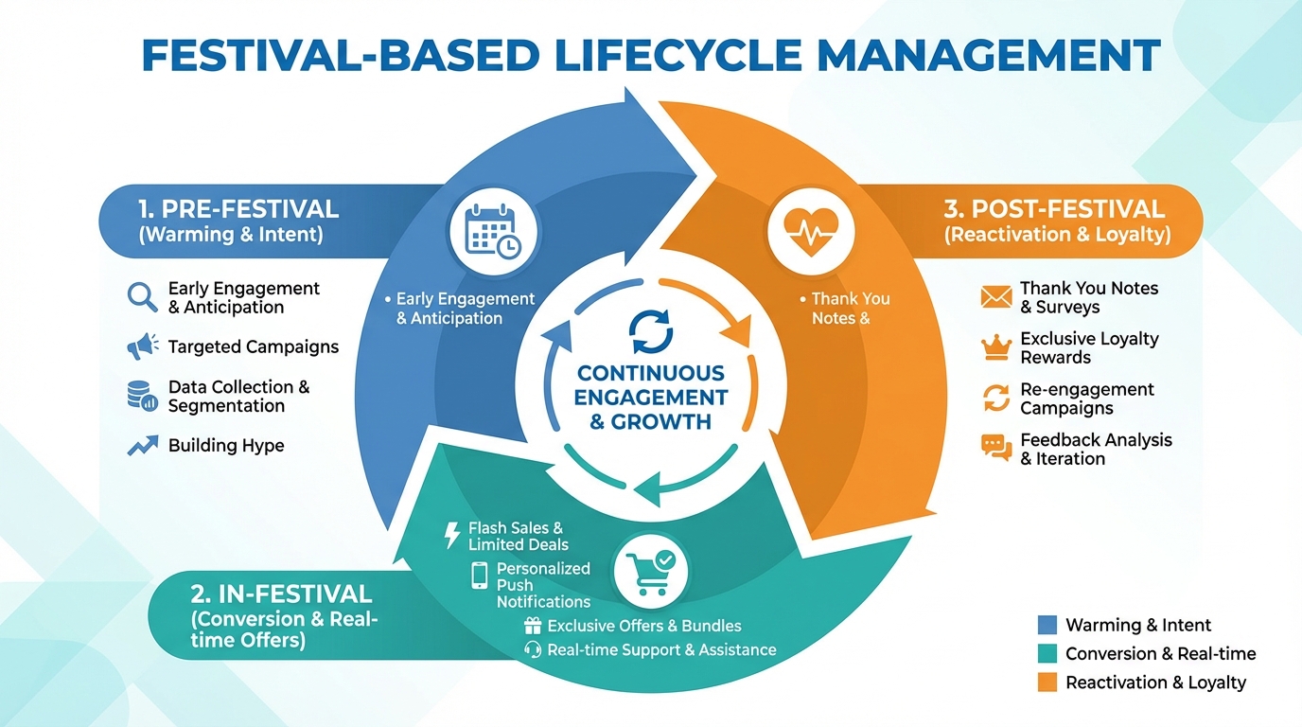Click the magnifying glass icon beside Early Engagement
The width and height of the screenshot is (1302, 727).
coord(142,297)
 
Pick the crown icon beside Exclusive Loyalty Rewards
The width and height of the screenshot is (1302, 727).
coord(996,347)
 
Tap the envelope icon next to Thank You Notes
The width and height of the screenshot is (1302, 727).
coord(996,297)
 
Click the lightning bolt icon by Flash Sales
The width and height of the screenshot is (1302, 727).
coord(452,536)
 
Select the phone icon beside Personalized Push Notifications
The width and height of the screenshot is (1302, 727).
coord(480,576)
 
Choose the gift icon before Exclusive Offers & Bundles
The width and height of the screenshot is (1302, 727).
coord(533,626)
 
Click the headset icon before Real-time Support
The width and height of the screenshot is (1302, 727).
coord(533,650)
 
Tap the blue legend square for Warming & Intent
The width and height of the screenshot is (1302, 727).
coord(1047,625)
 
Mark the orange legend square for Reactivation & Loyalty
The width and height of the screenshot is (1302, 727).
coord(1047,683)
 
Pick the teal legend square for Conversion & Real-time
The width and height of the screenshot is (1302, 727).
coord(1047,653)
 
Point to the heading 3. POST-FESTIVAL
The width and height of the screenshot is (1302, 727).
coord(1055,209)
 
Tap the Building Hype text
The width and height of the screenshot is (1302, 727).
coord(226,445)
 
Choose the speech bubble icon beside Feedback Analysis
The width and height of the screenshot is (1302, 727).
coord(996,448)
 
